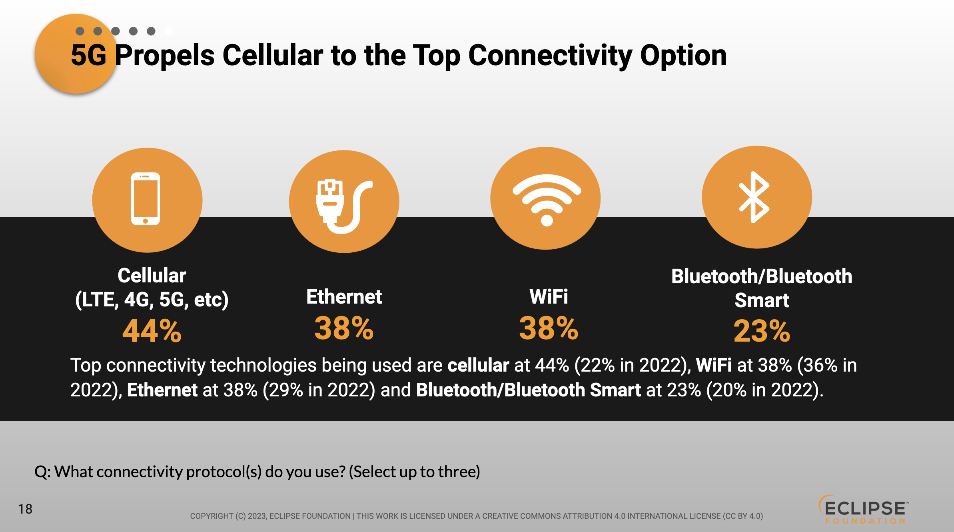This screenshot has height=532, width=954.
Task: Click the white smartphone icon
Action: pos(146,199)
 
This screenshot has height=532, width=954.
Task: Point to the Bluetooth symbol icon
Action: pos(754,197)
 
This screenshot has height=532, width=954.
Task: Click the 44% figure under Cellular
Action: pos(152,331)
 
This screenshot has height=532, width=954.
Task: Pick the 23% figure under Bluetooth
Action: pos(762,331)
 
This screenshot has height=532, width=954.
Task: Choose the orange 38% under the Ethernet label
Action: pos(344,328)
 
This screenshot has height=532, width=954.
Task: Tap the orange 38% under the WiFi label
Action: pos(549,328)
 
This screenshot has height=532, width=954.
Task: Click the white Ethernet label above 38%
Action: pos(344,297)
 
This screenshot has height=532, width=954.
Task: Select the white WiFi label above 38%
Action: pos(549,297)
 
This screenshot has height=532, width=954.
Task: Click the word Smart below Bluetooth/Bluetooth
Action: pos(762,300)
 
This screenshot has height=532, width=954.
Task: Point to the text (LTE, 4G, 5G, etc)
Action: pos(152,300)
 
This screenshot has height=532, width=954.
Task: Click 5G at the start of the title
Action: pos(89,55)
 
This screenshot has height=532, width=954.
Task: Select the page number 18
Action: pos(25,509)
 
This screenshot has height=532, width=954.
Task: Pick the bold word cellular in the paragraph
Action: pos(478,365)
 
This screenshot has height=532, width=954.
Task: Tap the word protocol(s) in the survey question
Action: pos(224,472)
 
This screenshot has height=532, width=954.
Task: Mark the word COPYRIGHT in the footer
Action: pos(212,516)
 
